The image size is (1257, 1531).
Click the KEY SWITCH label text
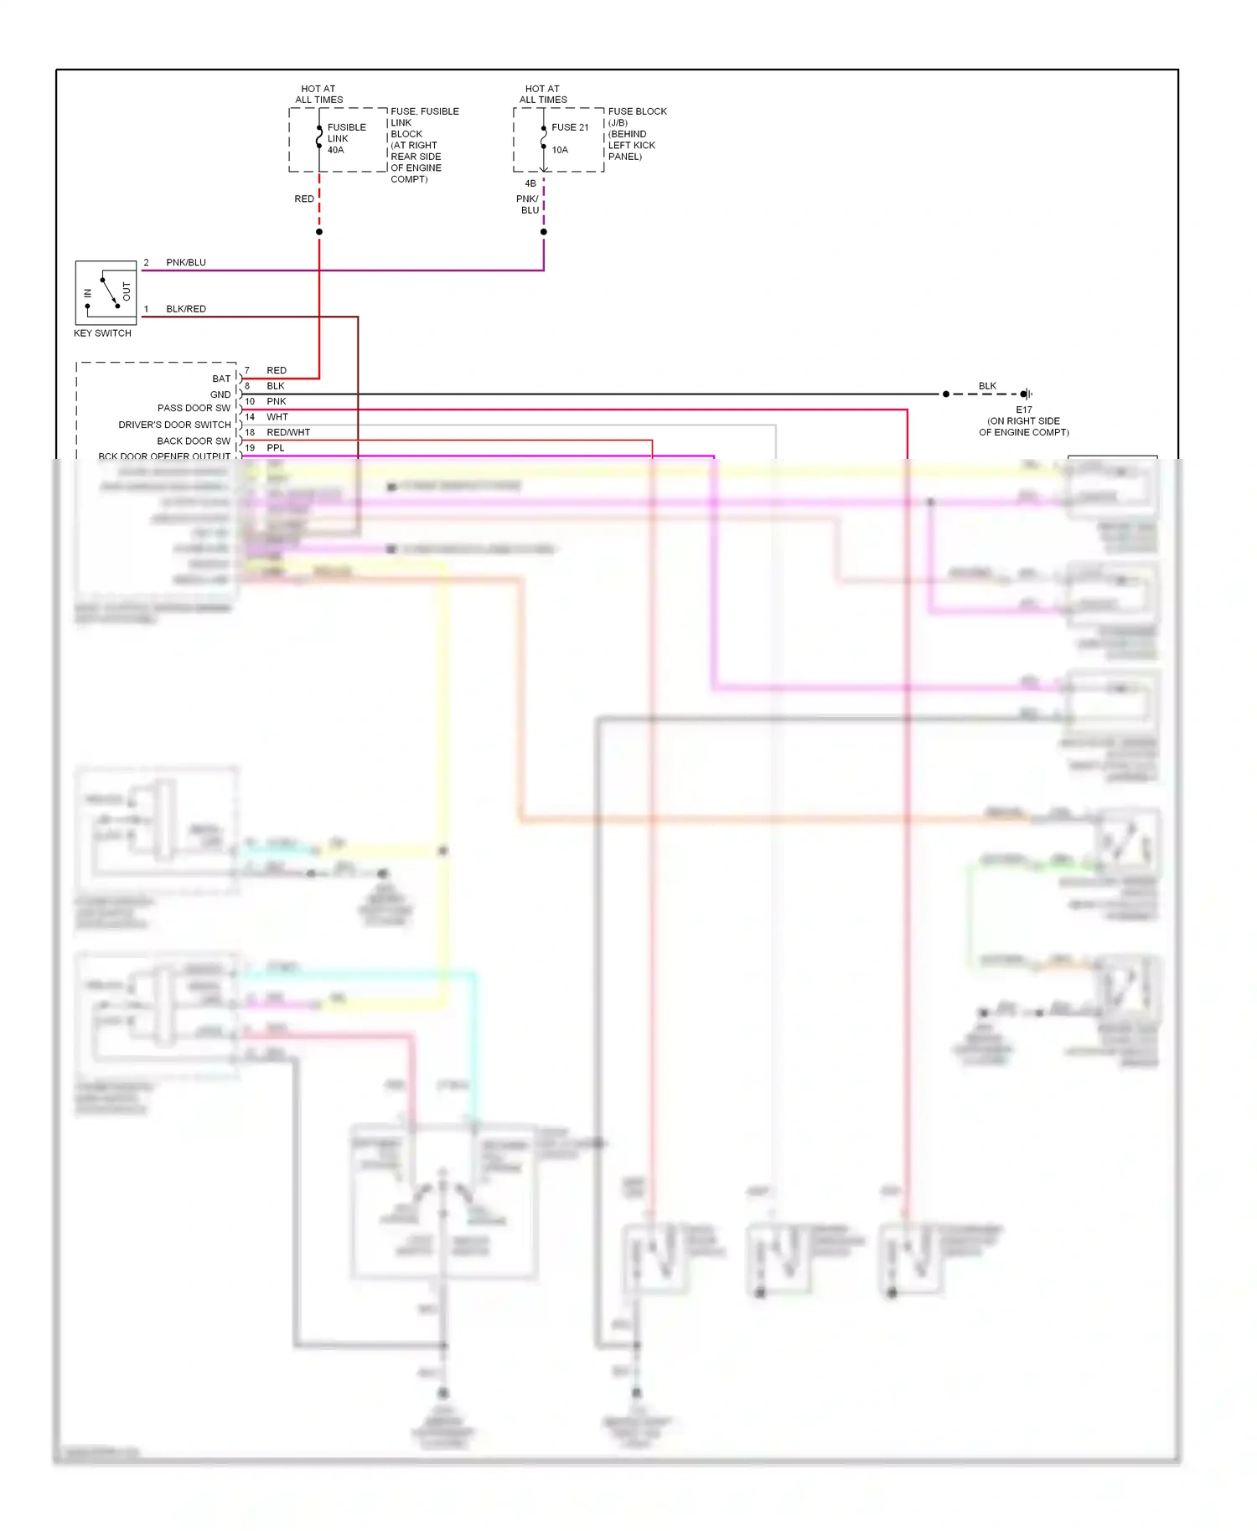pos(102,333)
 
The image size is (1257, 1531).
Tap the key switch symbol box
pos(106,292)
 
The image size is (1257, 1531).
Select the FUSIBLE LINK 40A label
pos(346,139)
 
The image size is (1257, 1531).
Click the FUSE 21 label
pos(570,127)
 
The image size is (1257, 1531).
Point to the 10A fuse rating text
pos(560,150)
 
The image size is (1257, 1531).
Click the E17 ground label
pos(1024,410)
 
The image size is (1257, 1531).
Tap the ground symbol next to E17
pos(1027,394)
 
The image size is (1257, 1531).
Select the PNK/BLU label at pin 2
pos(185,262)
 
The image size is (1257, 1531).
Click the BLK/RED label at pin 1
pos(185,309)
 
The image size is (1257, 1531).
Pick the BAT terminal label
pos(221,379)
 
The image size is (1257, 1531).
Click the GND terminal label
pos(220,394)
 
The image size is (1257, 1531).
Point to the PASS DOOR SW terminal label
pos(194,409)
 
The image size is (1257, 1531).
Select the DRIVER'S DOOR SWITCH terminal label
pos(174,425)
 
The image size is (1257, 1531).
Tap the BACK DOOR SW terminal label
pos(194,441)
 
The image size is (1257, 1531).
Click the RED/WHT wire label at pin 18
pos(288,432)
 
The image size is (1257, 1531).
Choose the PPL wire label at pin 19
pos(275,448)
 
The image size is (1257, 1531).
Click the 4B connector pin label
pos(530,183)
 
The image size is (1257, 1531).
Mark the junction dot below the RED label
pos(319,232)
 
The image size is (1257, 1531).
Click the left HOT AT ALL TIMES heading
pos(318,94)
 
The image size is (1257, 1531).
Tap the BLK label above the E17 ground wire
pos(987,386)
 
